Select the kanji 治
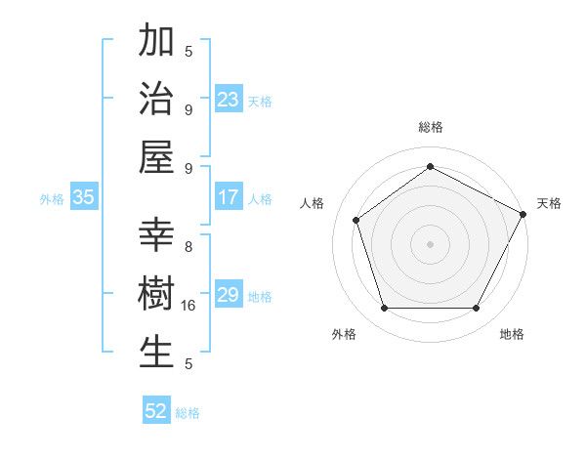pos(156,99)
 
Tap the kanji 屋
pos(156,155)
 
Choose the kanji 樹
pos(156,294)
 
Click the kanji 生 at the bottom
pos(156,352)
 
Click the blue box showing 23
pos(228,99)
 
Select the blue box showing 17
pos(228,197)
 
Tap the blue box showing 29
pos(228,295)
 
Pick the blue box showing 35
pos(83,197)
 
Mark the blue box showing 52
pos(156,411)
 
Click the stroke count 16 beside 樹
pos(189,306)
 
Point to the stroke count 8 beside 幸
pos(188,247)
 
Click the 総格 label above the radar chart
pos(430,127)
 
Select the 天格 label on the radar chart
pos(549,203)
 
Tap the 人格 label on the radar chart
pos(313,203)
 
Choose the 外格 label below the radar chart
pos(343,334)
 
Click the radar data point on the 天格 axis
pos(523,213)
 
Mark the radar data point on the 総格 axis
pos(430,166)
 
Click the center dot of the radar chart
pos(430,243)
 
